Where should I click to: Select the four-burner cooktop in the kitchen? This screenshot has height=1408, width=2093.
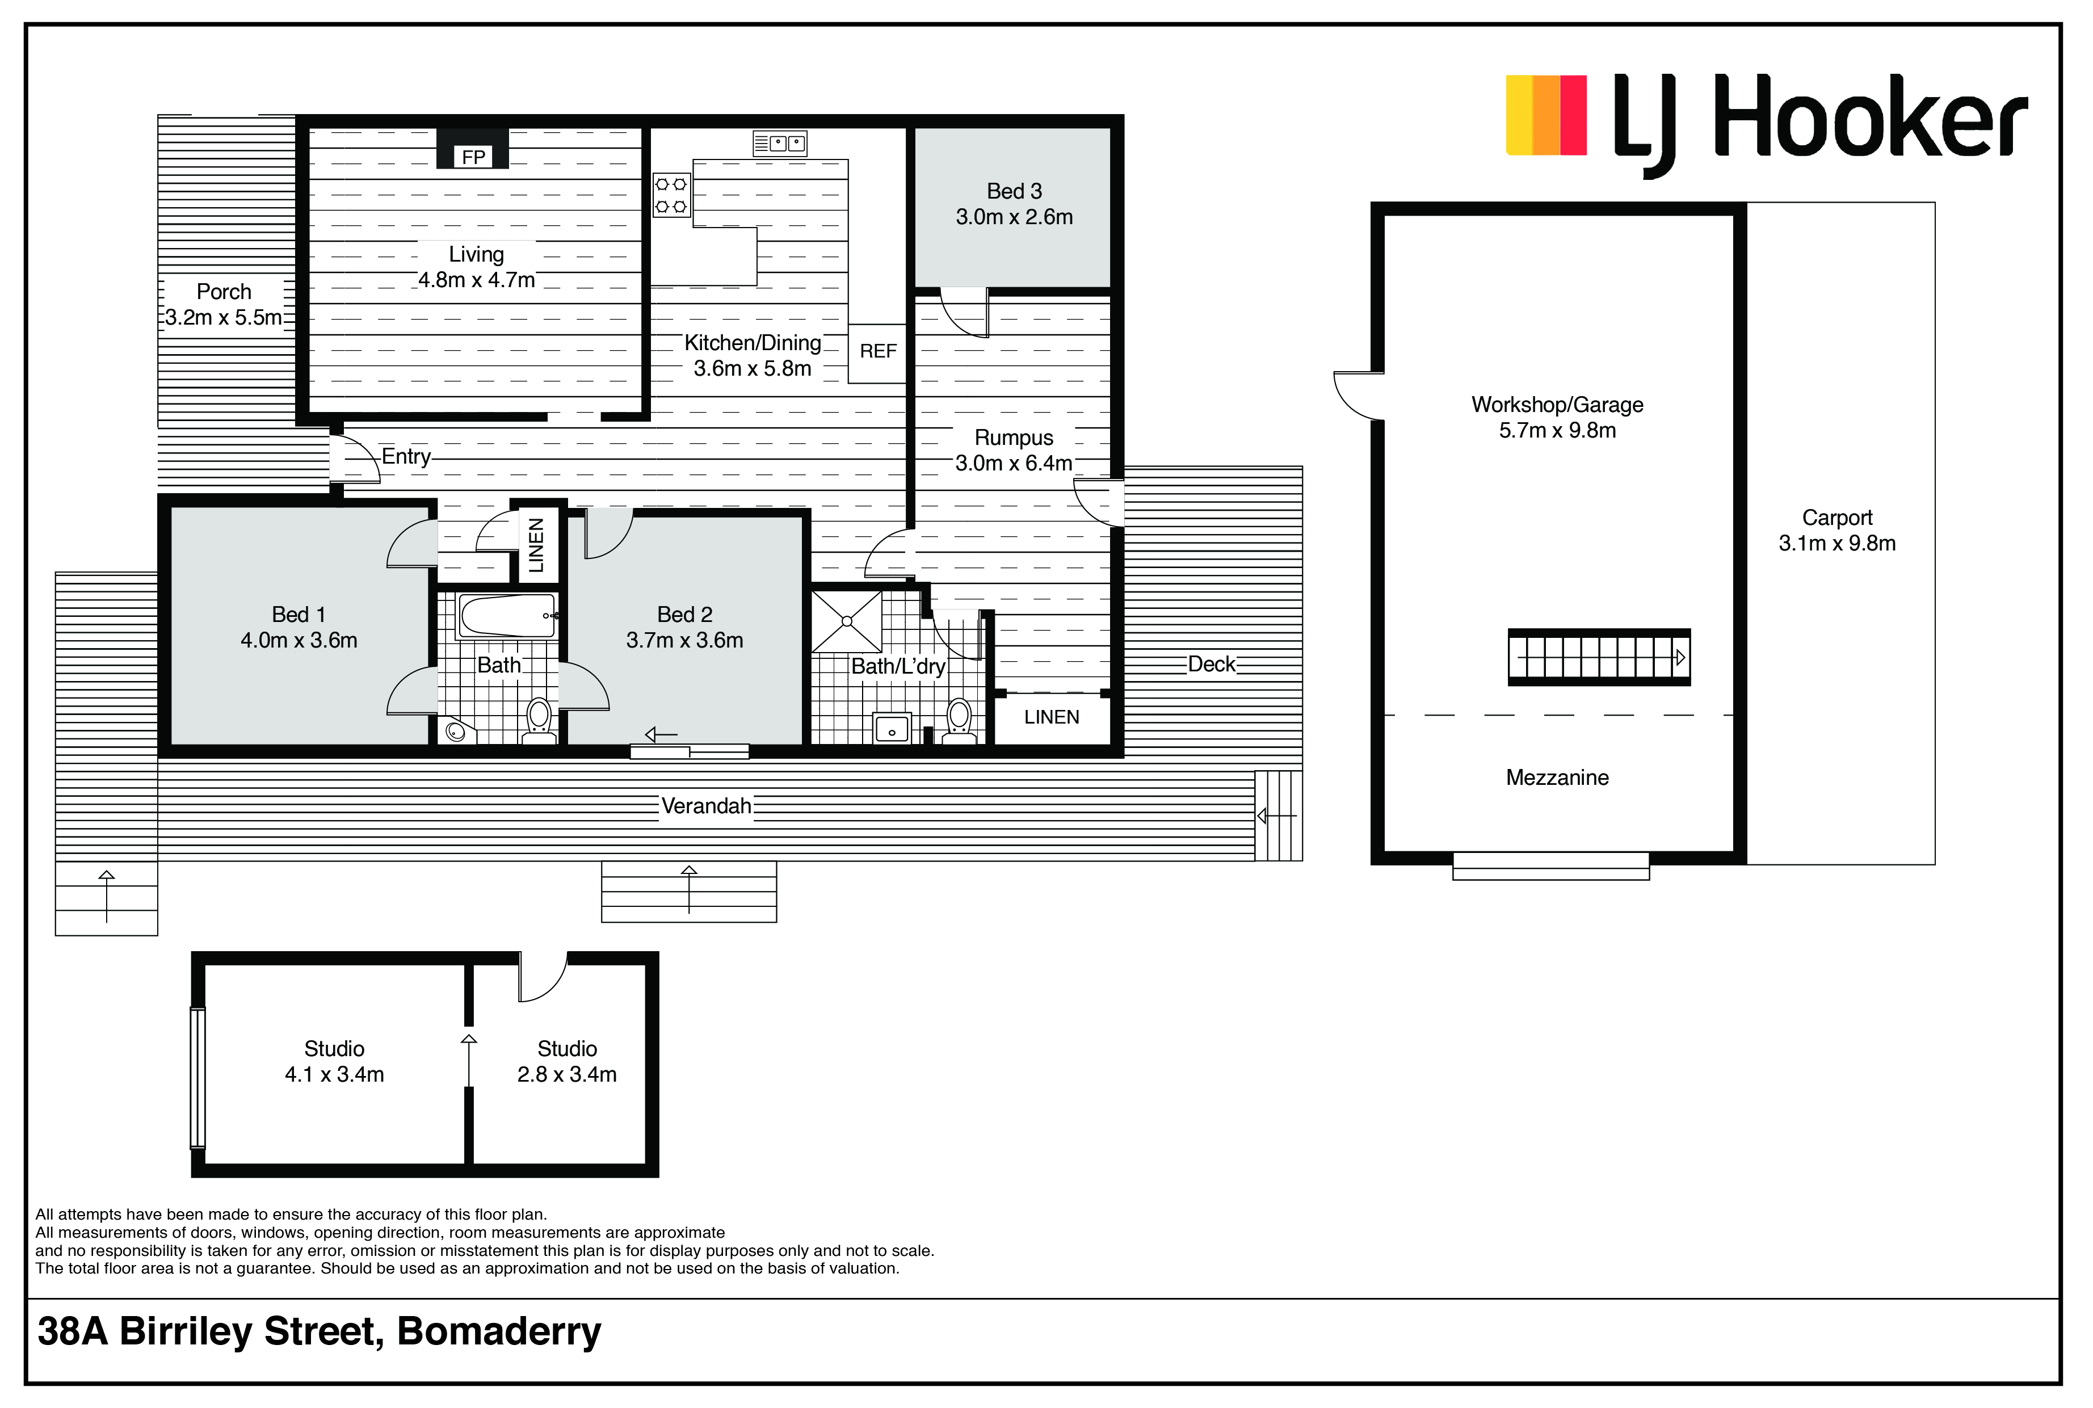(671, 195)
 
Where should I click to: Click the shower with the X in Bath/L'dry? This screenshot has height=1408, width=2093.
(847, 620)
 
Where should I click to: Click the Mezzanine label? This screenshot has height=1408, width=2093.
(1557, 777)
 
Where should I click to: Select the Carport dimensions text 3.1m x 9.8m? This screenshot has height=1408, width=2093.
(1837, 543)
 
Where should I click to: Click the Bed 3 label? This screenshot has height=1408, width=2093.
(1014, 191)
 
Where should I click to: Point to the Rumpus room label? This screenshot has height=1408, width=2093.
(1014, 438)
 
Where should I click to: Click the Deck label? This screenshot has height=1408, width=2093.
(1211, 665)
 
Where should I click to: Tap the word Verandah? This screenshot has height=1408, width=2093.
(706, 806)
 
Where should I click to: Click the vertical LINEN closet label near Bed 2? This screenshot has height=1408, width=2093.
(536, 545)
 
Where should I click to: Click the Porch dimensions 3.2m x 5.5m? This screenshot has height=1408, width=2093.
(224, 318)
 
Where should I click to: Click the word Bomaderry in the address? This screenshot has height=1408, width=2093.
(499, 1333)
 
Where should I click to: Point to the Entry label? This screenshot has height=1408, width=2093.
(406, 456)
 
